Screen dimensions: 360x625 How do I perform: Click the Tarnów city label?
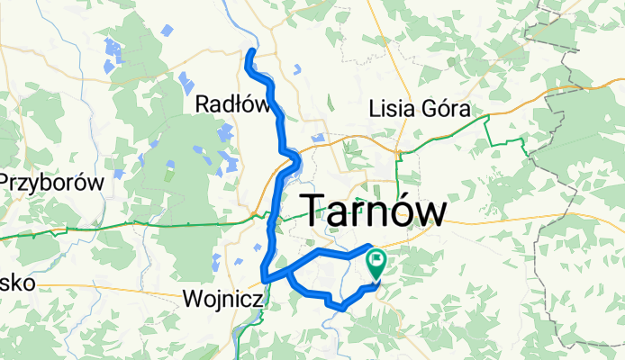[373, 211]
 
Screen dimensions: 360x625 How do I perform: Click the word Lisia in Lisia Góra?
[393, 110]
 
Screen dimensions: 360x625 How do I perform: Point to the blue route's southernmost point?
[341, 309]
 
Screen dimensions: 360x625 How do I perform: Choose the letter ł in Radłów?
[237, 105]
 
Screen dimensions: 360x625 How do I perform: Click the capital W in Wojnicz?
[191, 297]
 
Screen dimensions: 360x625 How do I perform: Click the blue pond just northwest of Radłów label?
[187, 79]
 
